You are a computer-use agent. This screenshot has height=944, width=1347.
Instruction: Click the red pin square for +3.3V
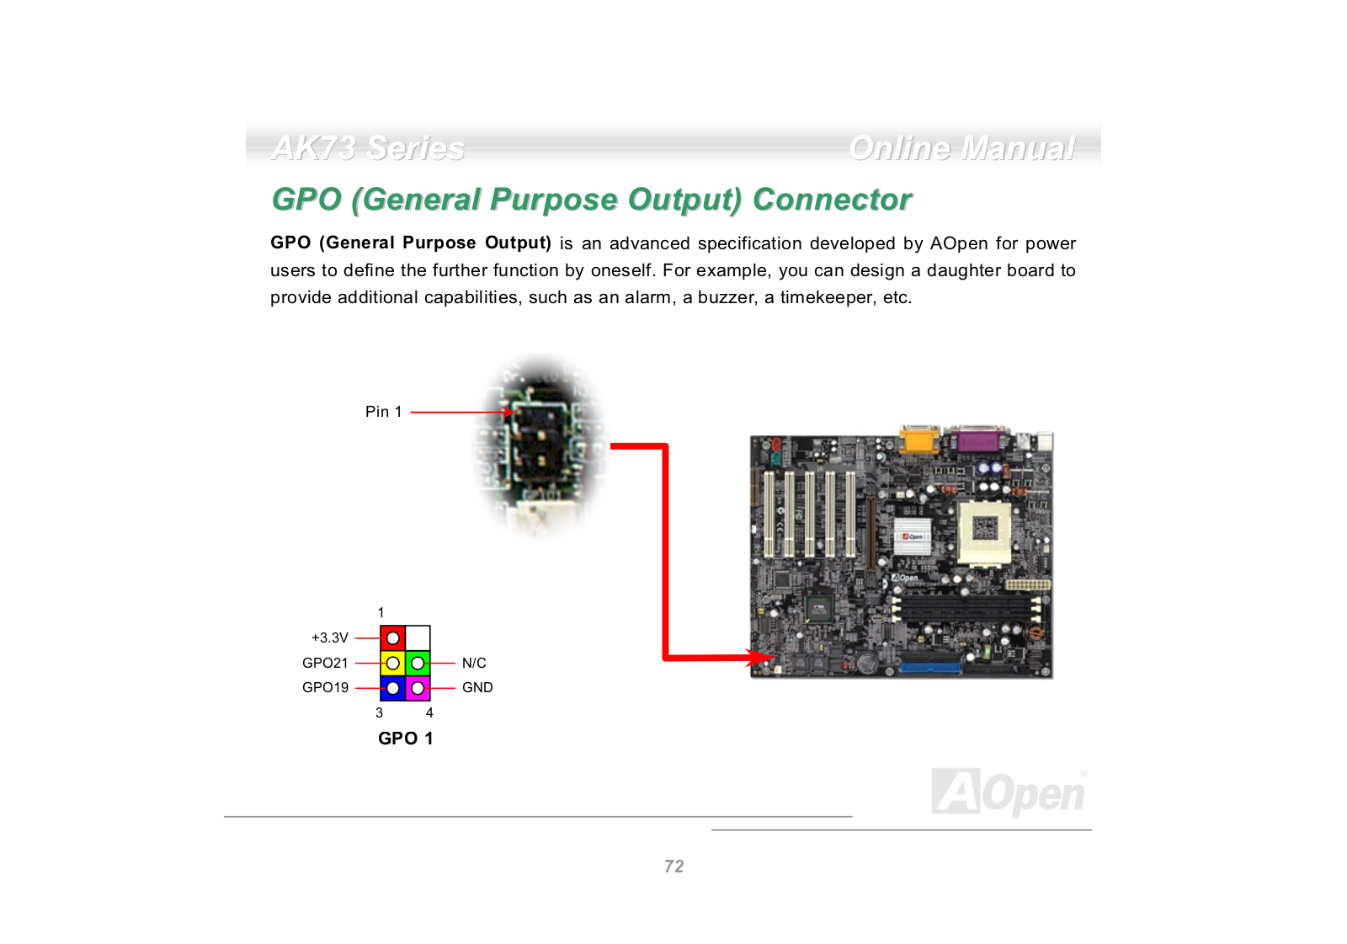click(x=392, y=637)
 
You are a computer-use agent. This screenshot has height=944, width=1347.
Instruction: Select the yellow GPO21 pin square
click(x=392, y=663)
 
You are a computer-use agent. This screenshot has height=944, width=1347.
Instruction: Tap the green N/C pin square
click(x=418, y=663)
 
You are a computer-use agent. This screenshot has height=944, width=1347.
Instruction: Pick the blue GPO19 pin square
click(x=392, y=688)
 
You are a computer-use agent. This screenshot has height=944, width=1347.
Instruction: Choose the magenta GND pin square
click(x=418, y=688)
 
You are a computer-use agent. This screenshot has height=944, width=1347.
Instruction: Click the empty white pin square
click(x=418, y=637)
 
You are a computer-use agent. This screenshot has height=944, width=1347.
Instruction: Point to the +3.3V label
click(x=329, y=637)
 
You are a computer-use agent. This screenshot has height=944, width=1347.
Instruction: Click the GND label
click(x=477, y=687)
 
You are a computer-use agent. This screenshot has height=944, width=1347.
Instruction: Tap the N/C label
click(x=474, y=663)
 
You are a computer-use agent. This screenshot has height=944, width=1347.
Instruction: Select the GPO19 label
click(x=325, y=687)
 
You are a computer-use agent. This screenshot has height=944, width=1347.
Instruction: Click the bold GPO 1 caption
click(x=405, y=738)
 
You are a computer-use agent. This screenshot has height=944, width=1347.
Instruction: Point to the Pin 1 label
click(x=383, y=412)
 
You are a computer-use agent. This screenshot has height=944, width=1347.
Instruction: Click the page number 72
click(x=673, y=866)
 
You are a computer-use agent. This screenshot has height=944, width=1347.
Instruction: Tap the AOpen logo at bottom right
click(x=1009, y=792)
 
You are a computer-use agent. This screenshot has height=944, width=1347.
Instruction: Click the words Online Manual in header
click(x=961, y=148)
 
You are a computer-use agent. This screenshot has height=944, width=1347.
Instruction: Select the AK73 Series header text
click(x=368, y=148)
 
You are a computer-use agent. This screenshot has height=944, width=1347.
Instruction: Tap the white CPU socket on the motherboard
click(x=985, y=531)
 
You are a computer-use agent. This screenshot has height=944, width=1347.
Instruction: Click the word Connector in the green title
click(x=832, y=200)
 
